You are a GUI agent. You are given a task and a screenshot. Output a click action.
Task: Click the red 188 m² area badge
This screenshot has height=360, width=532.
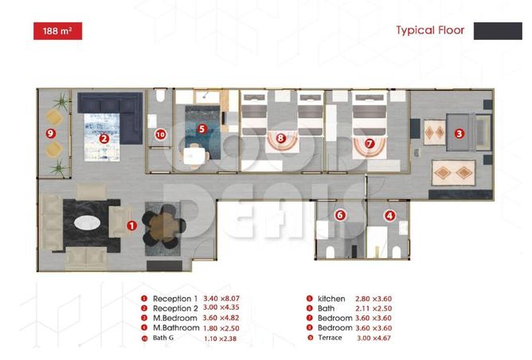pos(57,31)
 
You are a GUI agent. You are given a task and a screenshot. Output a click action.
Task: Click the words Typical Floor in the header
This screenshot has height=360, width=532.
pos(429,31)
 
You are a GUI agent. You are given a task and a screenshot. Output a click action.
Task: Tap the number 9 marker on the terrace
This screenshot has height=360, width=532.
pos(51,133)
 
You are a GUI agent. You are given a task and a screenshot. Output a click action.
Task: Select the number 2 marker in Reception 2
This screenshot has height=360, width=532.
pos(104,137)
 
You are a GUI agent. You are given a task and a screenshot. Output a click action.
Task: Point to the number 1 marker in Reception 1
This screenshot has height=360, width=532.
pos(131,225)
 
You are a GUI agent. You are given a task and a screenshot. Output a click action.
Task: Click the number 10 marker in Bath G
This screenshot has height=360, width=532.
pos(160,134)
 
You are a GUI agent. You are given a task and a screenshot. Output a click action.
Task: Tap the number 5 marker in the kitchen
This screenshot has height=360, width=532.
pos(201,127)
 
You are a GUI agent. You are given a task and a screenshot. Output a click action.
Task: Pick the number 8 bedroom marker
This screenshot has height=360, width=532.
pos(280,137)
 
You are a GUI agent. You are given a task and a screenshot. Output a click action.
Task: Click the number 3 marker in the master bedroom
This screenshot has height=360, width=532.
pos(459,134)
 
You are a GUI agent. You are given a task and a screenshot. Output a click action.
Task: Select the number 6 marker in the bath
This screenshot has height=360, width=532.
pos(340,215)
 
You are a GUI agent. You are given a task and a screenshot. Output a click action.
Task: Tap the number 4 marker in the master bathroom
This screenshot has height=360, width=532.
pos(389,215)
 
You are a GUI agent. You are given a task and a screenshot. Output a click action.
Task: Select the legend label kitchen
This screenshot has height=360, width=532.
pos(331,299)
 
